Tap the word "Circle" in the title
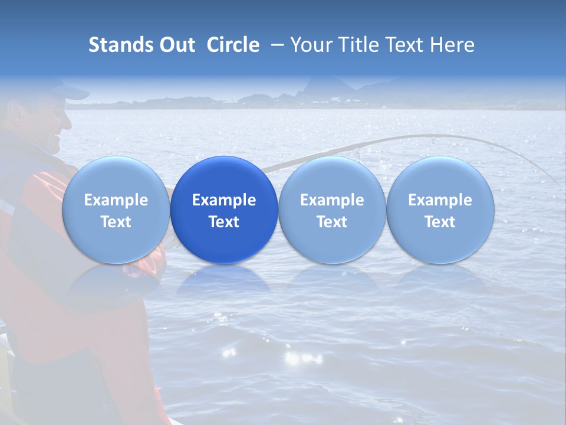pos(233,45)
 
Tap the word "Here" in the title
pos(453,45)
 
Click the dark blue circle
pos(224,210)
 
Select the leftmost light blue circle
pos(116,210)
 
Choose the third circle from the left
pos(332,210)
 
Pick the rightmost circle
pos(440,210)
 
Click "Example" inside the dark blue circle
pos(224,200)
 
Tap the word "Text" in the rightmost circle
pos(440,222)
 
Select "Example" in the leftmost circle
pos(116,200)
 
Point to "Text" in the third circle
pos(332,222)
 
